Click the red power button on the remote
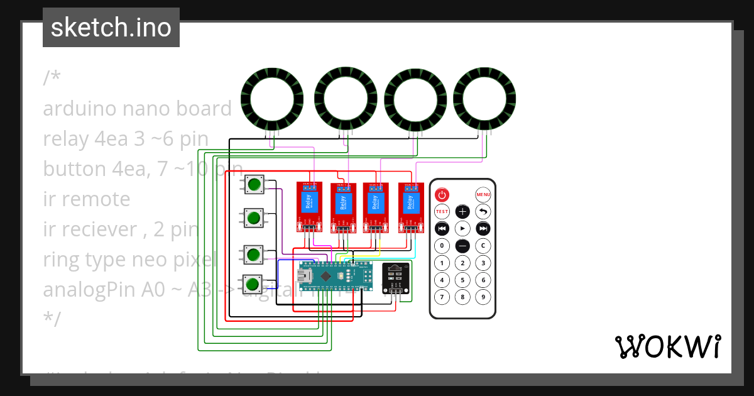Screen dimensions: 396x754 click(442, 195)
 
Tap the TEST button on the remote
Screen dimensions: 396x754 click(442, 211)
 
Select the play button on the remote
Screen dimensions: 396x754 click(462, 228)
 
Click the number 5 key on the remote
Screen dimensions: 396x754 click(462, 280)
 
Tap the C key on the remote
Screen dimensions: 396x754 click(483, 245)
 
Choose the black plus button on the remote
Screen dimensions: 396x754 click(462, 211)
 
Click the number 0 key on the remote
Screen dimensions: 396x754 click(442, 245)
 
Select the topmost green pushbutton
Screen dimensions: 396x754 click(254, 185)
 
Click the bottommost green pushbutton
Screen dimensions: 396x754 click(254, 283)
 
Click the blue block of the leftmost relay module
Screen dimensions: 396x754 click(309, 202)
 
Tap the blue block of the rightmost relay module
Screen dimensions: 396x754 click(410, 202)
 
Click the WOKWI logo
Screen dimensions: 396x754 click(667, 346)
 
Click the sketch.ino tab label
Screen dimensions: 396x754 click(111, 28)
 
